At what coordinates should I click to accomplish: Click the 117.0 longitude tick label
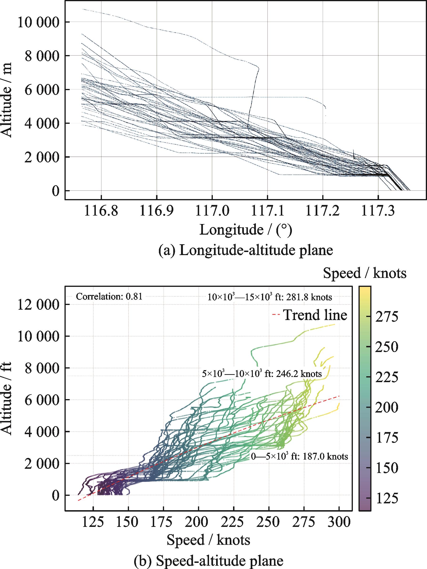[212, 212]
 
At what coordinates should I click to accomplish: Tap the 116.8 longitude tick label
[101, 212]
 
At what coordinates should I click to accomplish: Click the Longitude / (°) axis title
[246, 229]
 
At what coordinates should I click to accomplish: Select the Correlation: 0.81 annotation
[109, 297]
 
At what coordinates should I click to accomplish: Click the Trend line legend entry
[310, 315]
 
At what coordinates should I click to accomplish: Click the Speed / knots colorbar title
[365, 273]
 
